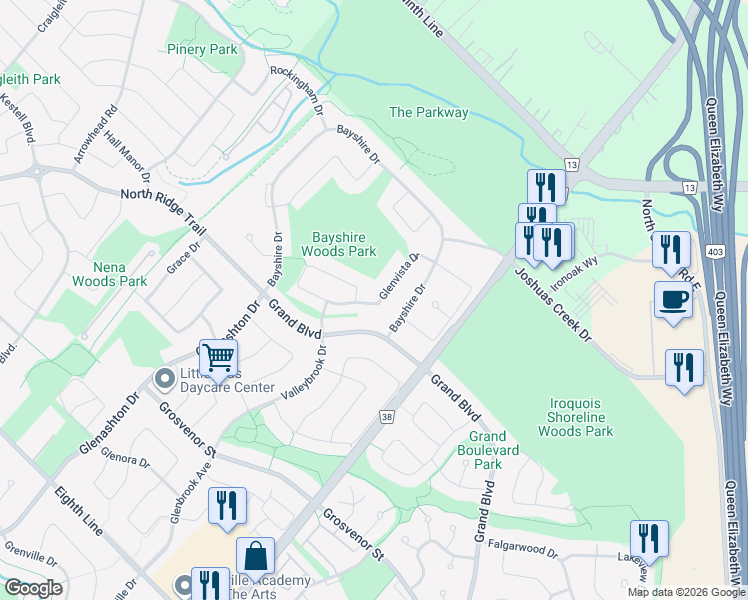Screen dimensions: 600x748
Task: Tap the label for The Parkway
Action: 428,112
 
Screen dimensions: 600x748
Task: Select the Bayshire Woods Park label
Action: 344,244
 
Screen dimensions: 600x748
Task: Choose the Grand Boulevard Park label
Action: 487,450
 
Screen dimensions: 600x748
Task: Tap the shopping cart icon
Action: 218,356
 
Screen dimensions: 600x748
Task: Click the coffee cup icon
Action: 672,299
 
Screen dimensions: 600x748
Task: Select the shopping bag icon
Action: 256,556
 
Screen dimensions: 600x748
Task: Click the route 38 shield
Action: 385,415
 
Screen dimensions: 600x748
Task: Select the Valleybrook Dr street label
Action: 305,373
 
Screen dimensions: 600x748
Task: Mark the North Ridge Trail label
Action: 162,212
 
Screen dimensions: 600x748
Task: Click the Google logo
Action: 33,588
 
